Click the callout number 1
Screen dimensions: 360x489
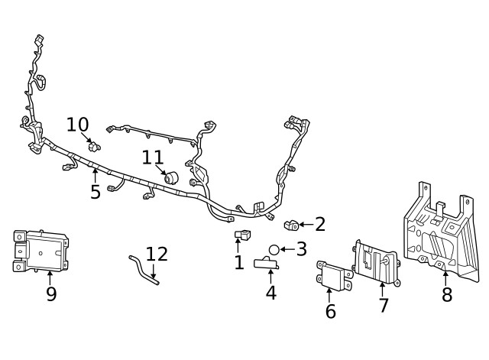[239, 263]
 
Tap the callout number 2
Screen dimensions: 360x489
[320, 224]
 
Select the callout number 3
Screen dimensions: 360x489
[302, 249]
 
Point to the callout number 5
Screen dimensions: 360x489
[96, 192]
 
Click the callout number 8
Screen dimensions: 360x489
[447, 294]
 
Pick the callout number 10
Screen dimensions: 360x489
[78, 125]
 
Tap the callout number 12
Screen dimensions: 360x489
[157, 255]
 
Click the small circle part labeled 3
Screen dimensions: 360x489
[274, 250]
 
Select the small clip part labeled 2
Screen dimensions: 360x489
[291, 225]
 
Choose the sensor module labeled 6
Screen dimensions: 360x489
[334, 276]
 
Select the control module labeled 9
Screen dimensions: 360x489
[40, 249]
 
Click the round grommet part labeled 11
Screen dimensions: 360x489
[172, 178]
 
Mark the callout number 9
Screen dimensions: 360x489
[51, 294]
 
